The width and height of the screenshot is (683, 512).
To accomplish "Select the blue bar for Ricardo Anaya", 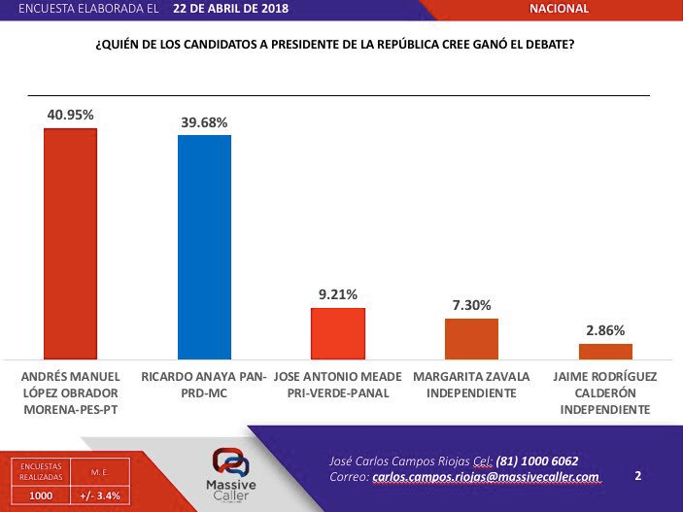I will tap(204, 247).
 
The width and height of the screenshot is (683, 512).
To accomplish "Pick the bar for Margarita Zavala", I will tap(471, 338).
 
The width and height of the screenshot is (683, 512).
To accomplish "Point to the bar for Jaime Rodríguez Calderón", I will tap(605, 351).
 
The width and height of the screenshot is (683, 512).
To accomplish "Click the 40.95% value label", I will tap(71, 115).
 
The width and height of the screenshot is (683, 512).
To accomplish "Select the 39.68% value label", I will tap(204, 122).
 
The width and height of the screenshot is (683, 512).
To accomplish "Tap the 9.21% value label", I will tap(337, 294).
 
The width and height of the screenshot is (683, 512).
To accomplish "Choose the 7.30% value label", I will tap(471, 305).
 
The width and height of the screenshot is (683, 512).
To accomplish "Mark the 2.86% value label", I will tap(605, 330).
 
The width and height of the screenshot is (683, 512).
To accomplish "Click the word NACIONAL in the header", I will tap(559, 9).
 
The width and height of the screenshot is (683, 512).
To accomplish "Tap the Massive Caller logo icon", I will tap(231, 461).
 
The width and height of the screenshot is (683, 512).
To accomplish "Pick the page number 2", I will tap(638, 476).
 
